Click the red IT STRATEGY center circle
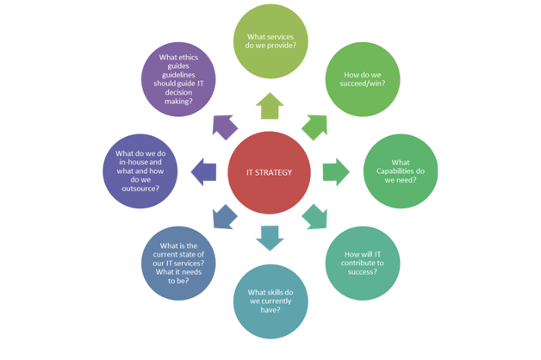[x=270, y=172]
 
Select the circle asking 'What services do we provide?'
[x=270, y=41]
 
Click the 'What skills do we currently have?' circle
[x=270, y=302]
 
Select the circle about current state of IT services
[x=178, y=263]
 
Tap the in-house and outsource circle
[x=140, y=171]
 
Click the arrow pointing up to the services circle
[x=270, y=106]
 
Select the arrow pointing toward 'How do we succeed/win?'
[x=315, y=127]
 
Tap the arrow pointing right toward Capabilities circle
[x=336, y=172]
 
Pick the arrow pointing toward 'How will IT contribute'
[x=315, y=217]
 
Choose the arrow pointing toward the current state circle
[x=224, y=216]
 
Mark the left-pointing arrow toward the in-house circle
[x=204, y=171]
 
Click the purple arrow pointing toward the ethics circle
[x=224, y=127]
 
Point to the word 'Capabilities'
[x=401, y=171]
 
